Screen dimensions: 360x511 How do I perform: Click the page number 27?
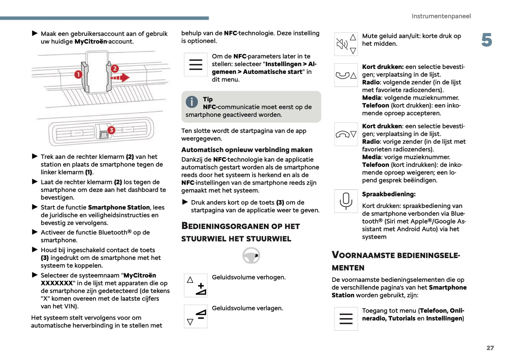tap(490, 348)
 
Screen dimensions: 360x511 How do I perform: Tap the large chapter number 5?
tap(487, 40)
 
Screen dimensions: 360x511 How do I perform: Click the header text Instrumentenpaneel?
tap(441, 16)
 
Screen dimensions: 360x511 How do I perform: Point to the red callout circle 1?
tap(78, 74)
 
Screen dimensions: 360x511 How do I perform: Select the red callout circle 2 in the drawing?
tap(115, 68)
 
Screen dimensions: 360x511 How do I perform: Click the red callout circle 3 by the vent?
tap(111, 130)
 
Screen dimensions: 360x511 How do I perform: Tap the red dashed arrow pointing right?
tap(120, 77)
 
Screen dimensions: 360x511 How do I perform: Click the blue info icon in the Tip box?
tap(192, 102)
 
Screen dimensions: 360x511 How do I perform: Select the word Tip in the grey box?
tap(208, 99)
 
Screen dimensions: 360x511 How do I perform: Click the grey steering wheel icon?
tap(251, 255)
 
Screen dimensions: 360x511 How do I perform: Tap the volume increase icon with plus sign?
tap(196, 285)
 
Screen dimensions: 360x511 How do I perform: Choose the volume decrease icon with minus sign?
tap(196, 316)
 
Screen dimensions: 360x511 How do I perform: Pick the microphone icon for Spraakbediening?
tap(346, 201)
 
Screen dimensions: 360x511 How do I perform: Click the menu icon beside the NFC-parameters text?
tap(196, 65)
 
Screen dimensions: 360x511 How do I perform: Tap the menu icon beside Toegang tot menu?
tap(346, 319)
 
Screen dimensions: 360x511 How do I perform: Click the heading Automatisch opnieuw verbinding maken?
tap(247, 150)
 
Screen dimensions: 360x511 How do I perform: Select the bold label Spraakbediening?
tap(389, 194)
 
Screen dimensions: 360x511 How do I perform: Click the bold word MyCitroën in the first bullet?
tap(91, 42)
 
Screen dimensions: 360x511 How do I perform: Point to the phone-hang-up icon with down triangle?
tap(346, 134)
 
